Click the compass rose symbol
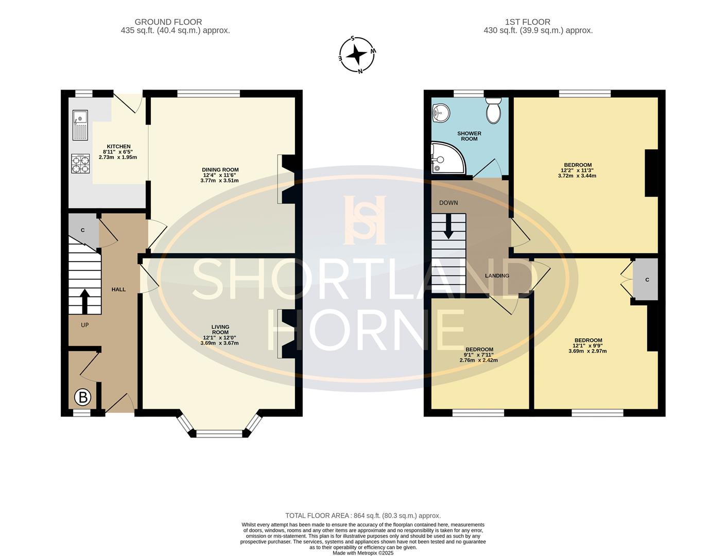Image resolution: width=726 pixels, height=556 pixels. coord(357,55)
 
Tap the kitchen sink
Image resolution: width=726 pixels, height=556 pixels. coord(80,125)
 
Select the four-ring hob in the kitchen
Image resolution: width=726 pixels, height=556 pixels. coord(80,163)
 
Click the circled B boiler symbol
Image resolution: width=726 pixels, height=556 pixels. coord(82,397)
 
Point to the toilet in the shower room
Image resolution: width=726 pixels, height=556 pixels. coord(493,111)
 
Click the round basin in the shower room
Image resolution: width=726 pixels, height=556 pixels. coord(441,113)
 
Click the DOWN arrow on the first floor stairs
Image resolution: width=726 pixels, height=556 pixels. coord(448,226)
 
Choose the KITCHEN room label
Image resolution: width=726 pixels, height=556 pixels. coord(118,146)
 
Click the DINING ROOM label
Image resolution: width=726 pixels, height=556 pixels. coord(220,170)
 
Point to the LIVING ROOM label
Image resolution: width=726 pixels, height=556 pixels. coord(220,329)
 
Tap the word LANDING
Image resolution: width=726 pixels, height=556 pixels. coord(497,275)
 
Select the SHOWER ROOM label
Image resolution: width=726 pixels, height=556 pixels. coord(469,136)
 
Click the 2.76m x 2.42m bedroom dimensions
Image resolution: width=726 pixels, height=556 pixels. coord(479,360)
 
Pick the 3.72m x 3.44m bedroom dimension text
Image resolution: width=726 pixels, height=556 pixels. coord(577,176)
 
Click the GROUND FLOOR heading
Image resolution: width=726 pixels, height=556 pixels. coord(168,22)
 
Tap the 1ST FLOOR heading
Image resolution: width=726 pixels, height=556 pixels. coord(528,22)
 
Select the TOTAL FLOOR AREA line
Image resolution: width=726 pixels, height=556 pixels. coord(363,516)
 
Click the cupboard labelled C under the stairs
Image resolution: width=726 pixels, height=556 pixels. coord(83,230)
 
